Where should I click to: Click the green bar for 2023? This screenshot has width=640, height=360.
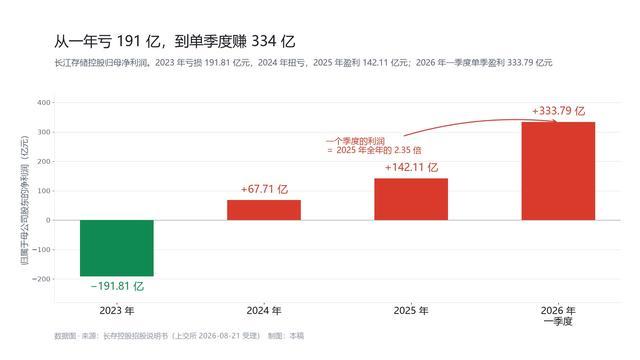(x=117, y=248)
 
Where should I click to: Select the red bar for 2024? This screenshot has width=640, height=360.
(x=264, y=210)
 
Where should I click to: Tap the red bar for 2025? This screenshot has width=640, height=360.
(x=411, y=199)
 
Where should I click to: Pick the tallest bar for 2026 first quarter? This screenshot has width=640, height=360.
(x=558, y=171)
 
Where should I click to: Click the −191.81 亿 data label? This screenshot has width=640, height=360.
(x=117, y=286)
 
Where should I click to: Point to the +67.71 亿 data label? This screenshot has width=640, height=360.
(x=264, y=189)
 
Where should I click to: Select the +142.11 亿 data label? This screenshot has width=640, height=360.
(x=411, y=167)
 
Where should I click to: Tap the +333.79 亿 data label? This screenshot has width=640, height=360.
(x=558, y=111)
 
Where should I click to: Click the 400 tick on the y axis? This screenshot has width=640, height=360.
(x=44, y=103)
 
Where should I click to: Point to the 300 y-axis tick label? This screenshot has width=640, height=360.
(x=44, y=132)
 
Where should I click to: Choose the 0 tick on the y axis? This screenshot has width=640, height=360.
(x=48, y=220)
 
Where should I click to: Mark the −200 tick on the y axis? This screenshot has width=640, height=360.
(x=41, y=279)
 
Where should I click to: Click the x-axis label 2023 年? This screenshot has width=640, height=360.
(x=117, y=311)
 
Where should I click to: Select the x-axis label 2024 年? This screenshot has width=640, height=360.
(x=264, y=311)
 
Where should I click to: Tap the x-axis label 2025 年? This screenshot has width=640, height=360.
(x=411, y=311)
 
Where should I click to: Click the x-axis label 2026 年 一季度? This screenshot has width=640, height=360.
(x=558, y=316)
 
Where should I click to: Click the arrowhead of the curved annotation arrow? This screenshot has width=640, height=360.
(x=555, y=121)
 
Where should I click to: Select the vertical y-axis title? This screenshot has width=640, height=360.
(x=25, y=200)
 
